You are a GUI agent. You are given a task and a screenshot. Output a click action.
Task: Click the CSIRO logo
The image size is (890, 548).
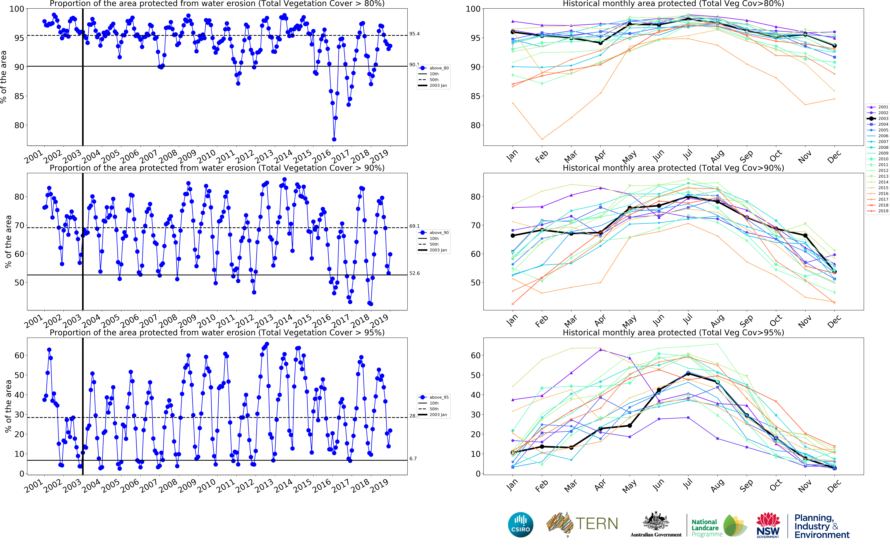521,524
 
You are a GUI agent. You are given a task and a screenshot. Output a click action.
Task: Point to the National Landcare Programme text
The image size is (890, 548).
706,528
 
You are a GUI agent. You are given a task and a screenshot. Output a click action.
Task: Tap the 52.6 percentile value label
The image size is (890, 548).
414,273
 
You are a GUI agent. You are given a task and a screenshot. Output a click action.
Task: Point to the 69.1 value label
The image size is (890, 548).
414,226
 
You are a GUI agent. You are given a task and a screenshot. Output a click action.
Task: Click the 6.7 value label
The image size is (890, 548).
413,459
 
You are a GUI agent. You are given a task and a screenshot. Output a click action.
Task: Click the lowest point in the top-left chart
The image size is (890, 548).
334,139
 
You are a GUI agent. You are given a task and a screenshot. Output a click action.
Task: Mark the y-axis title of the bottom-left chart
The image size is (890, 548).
8,406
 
